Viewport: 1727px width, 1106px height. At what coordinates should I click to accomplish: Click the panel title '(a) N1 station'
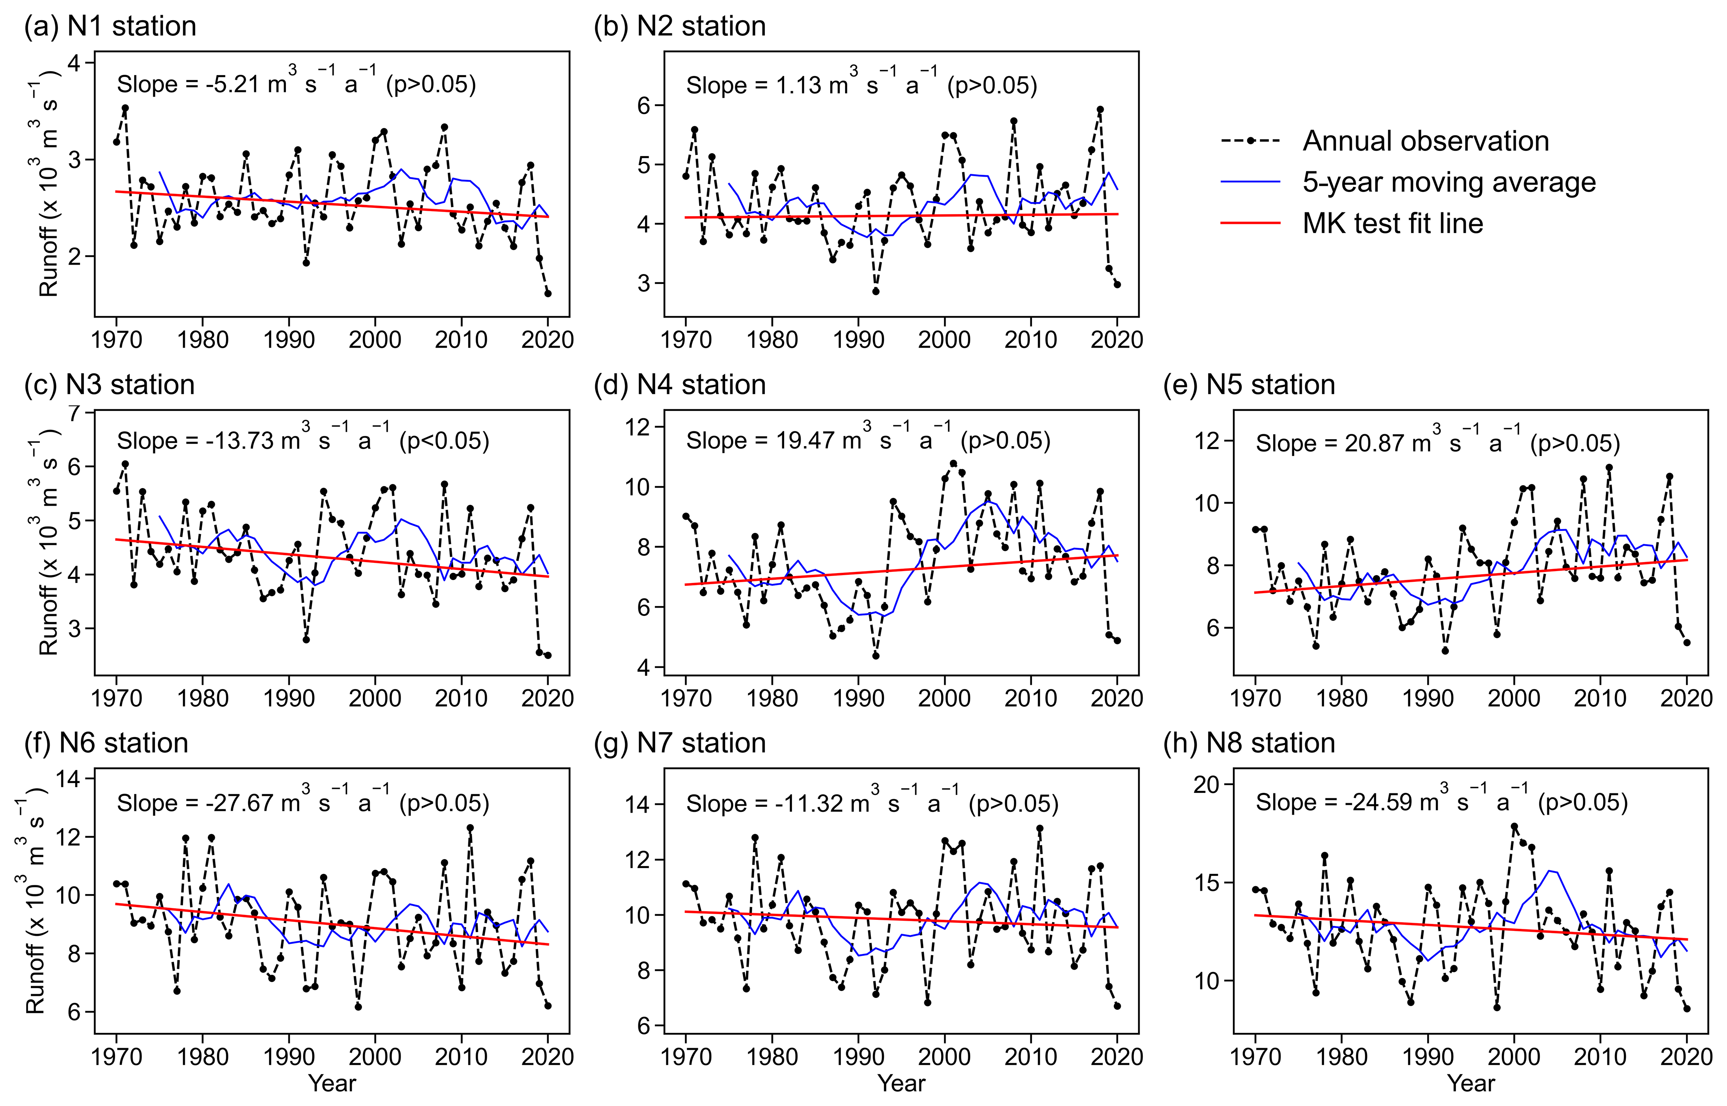110,27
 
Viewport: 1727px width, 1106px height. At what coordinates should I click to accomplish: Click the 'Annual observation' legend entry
1425,141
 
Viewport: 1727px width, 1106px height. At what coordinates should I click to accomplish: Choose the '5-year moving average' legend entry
1448,182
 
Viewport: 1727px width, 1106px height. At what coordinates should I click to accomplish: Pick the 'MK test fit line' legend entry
1392,224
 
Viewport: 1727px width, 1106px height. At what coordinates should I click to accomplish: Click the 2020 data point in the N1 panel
548,293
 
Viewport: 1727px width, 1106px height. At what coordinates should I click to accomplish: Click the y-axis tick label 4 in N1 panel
74,63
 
